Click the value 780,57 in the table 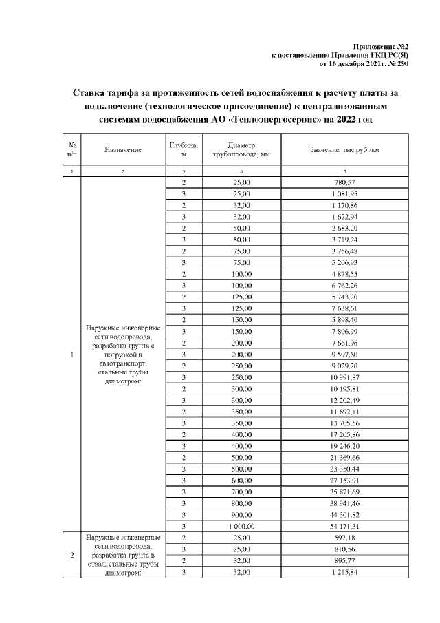pyautogui.click(x=344, y=182)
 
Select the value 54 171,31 pyautogui.click(x=344, y=525)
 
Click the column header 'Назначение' pyautogui.click(x=123, y=149)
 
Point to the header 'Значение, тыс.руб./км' pyautogui.click(x=344, y=149)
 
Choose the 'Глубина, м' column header pyautogui.click(x=184, y=149)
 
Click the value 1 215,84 pyautogui.click(x=344, y=571)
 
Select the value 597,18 pyautogui.click(x=344, y=537)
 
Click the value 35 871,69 pyautogui.click(x=344, y=492)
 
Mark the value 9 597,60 pyautogui.click(x=344, y=354)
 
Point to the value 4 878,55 pyautogui.click(x=344, y=274)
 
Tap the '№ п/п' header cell pyautogui.click(x=71, y=149)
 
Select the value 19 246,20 pyautogui.click(x=344, y=445)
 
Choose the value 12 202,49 pyautogui.click(x=344, y=400)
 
